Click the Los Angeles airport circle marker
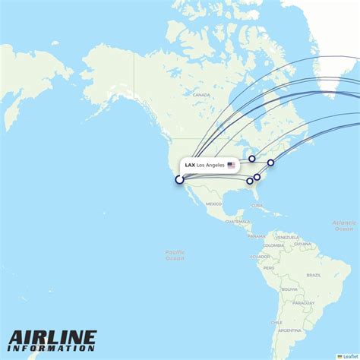click(x=179, y=180)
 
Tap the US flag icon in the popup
click(x=231, y=165)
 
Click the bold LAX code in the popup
click(x=189, y=165)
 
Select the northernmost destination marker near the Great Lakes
click(x=252, y=159)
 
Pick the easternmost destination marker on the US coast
click(x=270, y=163)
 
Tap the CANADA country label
click(x=201, y=94)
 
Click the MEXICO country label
click(x=213, y=204)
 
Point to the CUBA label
click(x=257, y=205)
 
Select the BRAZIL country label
click(x=313, y=274)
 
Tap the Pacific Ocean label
click(x=175, y=255)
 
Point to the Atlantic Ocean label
click(x=343, y=226)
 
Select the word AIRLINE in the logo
click(x=53, y=337)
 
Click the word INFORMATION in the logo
click(x=53, y=349)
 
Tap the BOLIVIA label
click(x=289, y=289)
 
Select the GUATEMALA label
click(x=237, y=221)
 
